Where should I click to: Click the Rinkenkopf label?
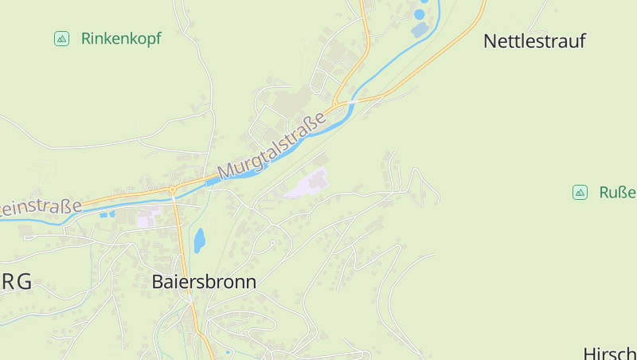(x=121, y=38)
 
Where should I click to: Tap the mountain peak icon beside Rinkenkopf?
(x=61, y=38)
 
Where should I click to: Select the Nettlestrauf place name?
(x=534, y=41)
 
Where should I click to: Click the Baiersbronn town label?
(x=204, y=282)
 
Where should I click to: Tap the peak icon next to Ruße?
(x=580, y=192)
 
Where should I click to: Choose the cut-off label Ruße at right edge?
(x=617, y=192)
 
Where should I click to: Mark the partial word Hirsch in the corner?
(x=610, y=353)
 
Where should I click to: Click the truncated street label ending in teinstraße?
(x=40, y=207)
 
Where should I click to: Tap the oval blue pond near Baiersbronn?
(x=199, y=239)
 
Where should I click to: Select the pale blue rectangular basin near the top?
(x=419, y=30)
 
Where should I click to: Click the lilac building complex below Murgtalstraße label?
(x=307, y=186)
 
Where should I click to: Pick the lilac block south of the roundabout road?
(x=147, y=217)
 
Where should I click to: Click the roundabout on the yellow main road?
(x=172, y=190)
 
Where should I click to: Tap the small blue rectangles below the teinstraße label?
(x=106, y=213)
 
